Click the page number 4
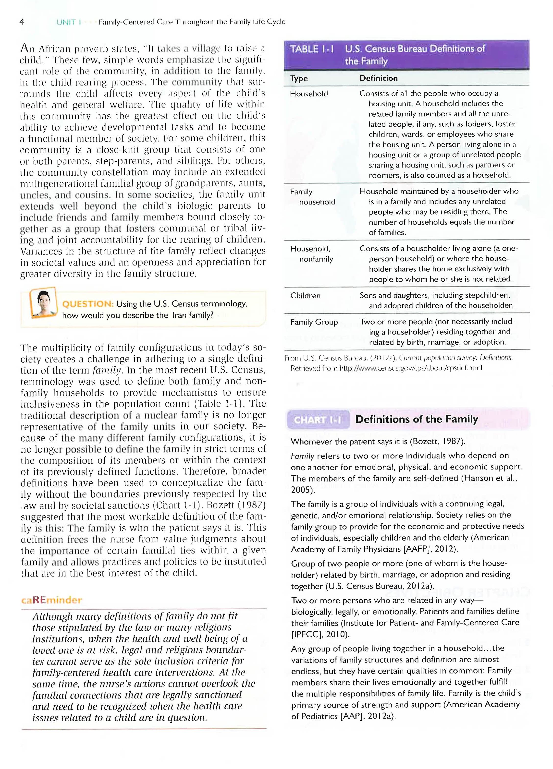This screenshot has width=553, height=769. pyautogui.click(x=22, y=22)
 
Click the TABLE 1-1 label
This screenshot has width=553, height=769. pyautogui.click(x=311, y=49)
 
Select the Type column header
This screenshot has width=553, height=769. pyautogui.click(x=299, y=79)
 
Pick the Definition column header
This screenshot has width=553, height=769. pyautogui.click(x=378, y=78)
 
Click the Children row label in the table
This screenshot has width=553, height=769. pyautogui.click(x=305, y=296)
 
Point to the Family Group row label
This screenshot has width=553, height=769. pyautogui.click(x=314, y=322)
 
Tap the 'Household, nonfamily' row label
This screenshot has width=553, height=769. pyautogui.click(x=311, y=254)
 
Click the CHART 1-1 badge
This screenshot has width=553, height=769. pyautogui.click(x=317, y=420)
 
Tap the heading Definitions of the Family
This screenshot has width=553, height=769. pyautogui.click(x=416, y=420)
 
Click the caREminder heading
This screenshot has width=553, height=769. pyautogui.click(x=51, y=600)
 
